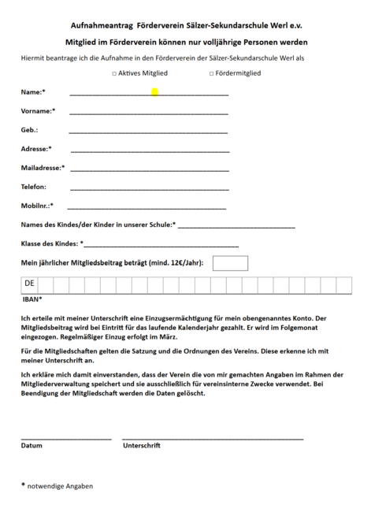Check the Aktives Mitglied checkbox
[114, 73]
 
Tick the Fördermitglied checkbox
[211, 73]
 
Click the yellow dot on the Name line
[154, 92]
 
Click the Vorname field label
[38, 111]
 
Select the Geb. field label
[30, 130]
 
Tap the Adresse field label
[36, 149]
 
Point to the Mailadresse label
[43, 168]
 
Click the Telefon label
[34, 187]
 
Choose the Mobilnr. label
[37, 206]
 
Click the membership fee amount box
[230, 262]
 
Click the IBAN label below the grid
[32, 299]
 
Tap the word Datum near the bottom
[32, 446]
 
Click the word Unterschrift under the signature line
[142, 446]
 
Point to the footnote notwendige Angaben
[60, 486]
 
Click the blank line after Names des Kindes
[236, 228]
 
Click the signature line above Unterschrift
[213, 438]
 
